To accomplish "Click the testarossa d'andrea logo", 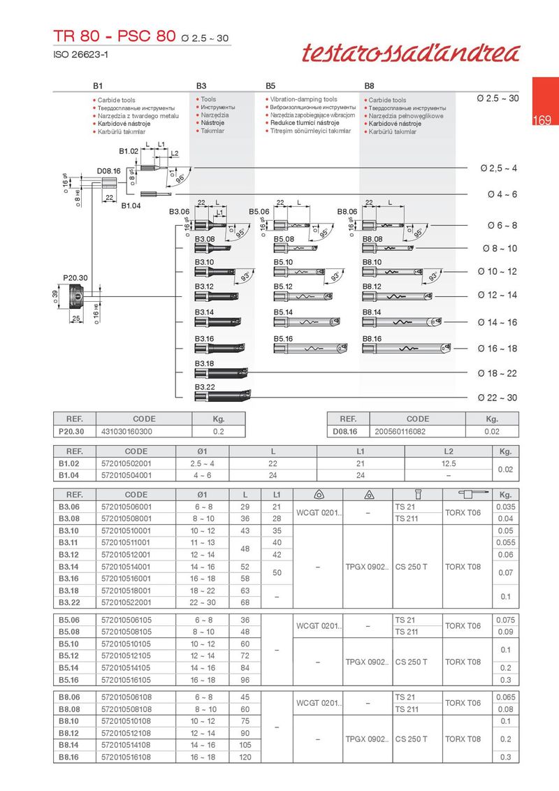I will coord(411,54).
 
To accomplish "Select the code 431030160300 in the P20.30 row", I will coord(126,432).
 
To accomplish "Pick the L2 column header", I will coord(448,451).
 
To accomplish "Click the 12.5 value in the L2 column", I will coord(448,463).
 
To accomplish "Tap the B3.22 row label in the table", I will coord(68,602).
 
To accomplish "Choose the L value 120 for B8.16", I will coord(245,757).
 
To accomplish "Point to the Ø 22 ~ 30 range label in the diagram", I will coord(498,398).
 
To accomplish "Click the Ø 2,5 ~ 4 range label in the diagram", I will coord(498,168).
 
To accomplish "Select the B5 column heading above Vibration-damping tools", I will coord(270,85).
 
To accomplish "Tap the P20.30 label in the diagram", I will coord(75,277).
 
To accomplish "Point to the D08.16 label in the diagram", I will coord(108,170).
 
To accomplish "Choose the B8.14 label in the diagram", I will coord(372,312).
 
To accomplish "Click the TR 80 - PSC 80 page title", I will coord(115,36).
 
